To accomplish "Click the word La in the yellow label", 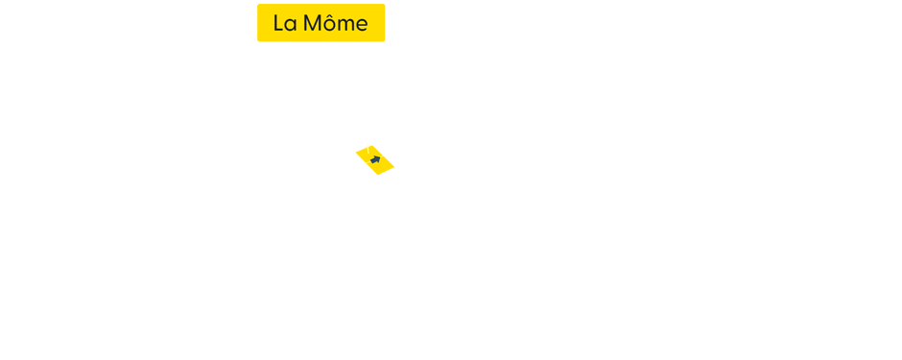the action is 284,23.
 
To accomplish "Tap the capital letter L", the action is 278,23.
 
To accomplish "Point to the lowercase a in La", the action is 291,25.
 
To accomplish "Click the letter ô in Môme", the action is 329,24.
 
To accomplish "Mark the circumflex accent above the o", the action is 329,14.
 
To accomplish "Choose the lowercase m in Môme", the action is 345,25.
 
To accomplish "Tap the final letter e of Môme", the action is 362,25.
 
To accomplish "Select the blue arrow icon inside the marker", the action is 375,159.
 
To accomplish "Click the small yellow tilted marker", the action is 375,160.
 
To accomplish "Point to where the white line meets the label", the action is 356,42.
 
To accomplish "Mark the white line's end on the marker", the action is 368,149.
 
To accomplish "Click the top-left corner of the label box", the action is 258,5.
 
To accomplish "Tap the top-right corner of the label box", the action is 384,5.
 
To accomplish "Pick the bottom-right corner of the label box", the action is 384,40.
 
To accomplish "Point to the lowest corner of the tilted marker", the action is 378,176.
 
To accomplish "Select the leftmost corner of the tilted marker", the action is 355,155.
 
